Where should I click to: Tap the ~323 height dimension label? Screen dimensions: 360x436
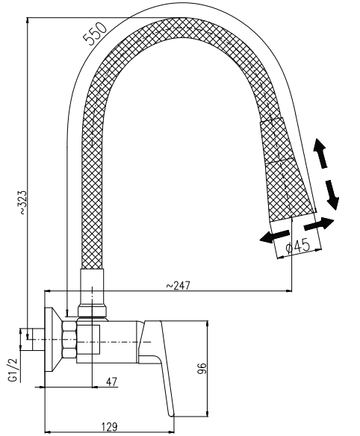point(22,202)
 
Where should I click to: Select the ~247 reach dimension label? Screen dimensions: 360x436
point(179,286)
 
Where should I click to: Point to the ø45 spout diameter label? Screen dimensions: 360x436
point(298,246)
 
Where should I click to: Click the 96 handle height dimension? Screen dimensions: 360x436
point(203,368)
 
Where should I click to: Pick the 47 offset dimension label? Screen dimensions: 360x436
point(111,381)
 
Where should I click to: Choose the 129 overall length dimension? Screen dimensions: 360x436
point(109,426)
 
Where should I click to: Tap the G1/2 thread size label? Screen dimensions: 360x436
point(13,370)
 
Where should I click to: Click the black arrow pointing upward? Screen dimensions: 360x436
point(320,153)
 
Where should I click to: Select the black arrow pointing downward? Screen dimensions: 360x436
point(332,195)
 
